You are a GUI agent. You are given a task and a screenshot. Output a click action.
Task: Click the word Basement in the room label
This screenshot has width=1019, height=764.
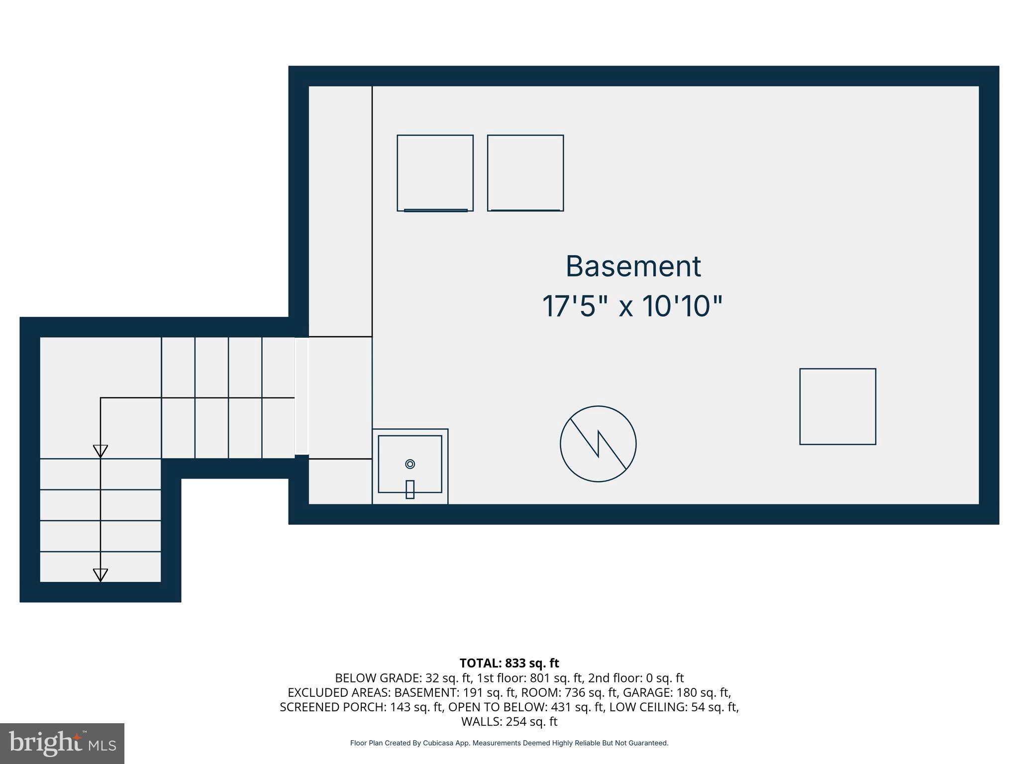(x=633, y=267)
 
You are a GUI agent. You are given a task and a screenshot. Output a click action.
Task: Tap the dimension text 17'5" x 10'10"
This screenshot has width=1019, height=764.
(x=632, y=306)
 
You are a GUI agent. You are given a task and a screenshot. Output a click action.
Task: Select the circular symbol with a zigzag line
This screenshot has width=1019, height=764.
(x=598, y=444)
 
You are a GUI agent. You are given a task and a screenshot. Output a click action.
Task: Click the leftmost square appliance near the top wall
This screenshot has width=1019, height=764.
(x=435, y=173)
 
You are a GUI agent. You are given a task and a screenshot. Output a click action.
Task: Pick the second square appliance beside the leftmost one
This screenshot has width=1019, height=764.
(x=525, y=173)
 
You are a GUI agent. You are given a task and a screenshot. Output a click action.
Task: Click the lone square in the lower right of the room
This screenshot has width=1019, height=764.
(x=837, y=406)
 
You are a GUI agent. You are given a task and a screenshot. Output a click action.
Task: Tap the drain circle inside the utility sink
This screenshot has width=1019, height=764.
(x=410, y=464)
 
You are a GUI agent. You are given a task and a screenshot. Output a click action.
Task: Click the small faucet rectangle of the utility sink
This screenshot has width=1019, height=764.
(x=410, y=489)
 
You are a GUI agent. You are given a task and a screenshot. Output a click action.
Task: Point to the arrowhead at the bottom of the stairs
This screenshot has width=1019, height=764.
(x=101, y=575)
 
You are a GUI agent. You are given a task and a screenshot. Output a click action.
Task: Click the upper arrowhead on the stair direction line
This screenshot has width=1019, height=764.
(x=101, y=451)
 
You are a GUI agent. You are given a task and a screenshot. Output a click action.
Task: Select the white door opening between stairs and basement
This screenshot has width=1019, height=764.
(x=302, y=396)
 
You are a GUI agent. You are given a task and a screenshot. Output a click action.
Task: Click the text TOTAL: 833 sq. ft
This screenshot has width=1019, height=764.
(x=509, y=663)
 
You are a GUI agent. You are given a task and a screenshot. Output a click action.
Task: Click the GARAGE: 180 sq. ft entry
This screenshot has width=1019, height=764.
(x=677, y=692)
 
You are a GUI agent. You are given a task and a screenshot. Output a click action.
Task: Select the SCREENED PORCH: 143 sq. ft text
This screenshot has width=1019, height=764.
(x=361, y=707)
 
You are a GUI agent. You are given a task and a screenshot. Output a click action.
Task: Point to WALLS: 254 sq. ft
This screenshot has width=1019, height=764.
(x=509, y=721)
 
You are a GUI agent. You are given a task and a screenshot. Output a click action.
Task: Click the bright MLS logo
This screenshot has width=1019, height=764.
(x=62, y=743)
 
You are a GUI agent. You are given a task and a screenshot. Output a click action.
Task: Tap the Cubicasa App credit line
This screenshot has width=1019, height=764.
(x=509, y=743)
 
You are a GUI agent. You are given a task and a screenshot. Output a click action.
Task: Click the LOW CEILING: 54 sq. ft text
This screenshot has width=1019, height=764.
(x=674, y=707)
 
